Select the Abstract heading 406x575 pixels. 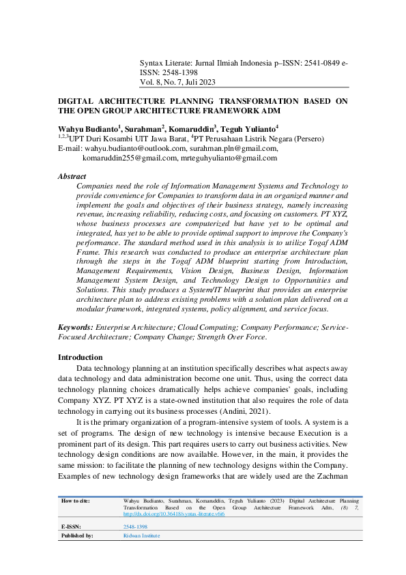click(x=72, y=176)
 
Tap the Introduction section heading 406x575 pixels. click(x=80, y=357)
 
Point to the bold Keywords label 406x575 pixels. click(x=75, y=328)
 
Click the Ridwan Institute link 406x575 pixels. click(x=141, y=536)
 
